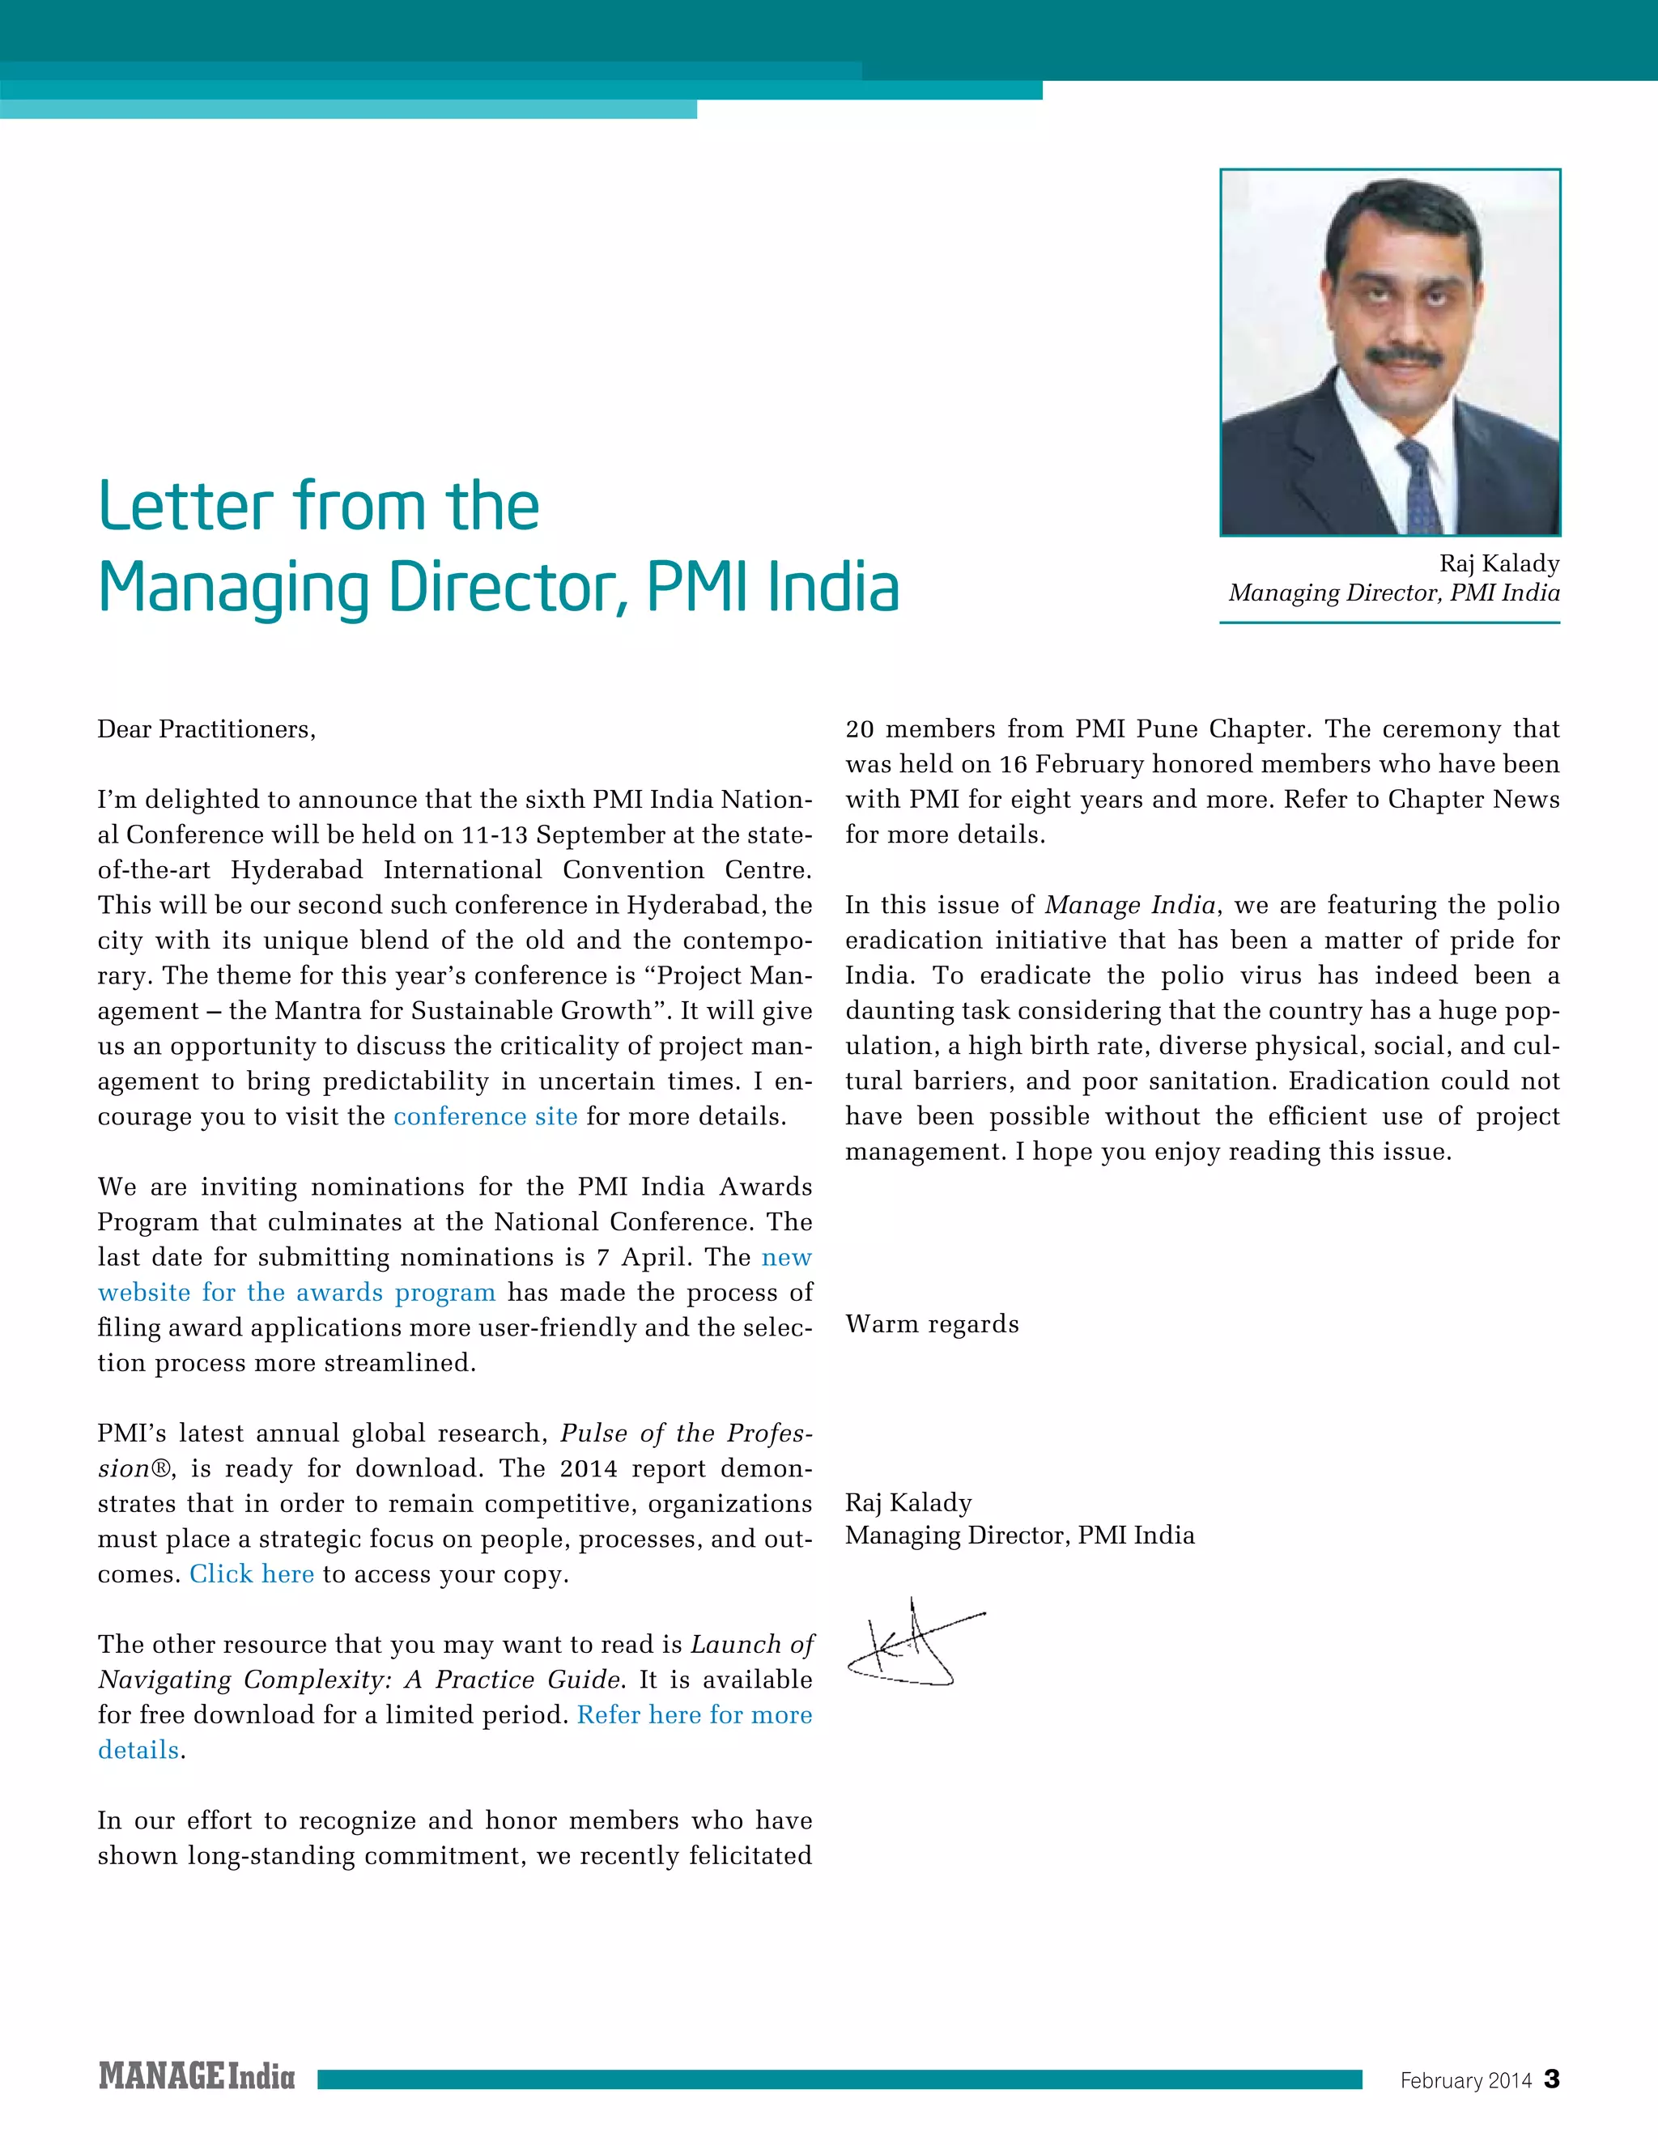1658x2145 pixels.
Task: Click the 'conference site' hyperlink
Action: tap(485, 1117)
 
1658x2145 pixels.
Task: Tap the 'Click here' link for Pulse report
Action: tap(252, 1574)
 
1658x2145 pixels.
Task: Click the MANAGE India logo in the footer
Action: tap(197, 2076)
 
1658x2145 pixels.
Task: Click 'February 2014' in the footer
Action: tap(1465, 2080)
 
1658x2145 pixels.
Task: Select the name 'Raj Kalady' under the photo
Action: tap(1499, 563)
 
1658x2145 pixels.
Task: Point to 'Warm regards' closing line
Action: tap(931, 1324)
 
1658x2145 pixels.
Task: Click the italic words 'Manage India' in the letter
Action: tap(1129, 906)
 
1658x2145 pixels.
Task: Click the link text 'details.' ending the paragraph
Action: tap(140, 1750)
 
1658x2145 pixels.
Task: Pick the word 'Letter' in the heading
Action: tap(185, 507)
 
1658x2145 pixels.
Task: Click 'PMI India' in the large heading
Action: tap(772, 588)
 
